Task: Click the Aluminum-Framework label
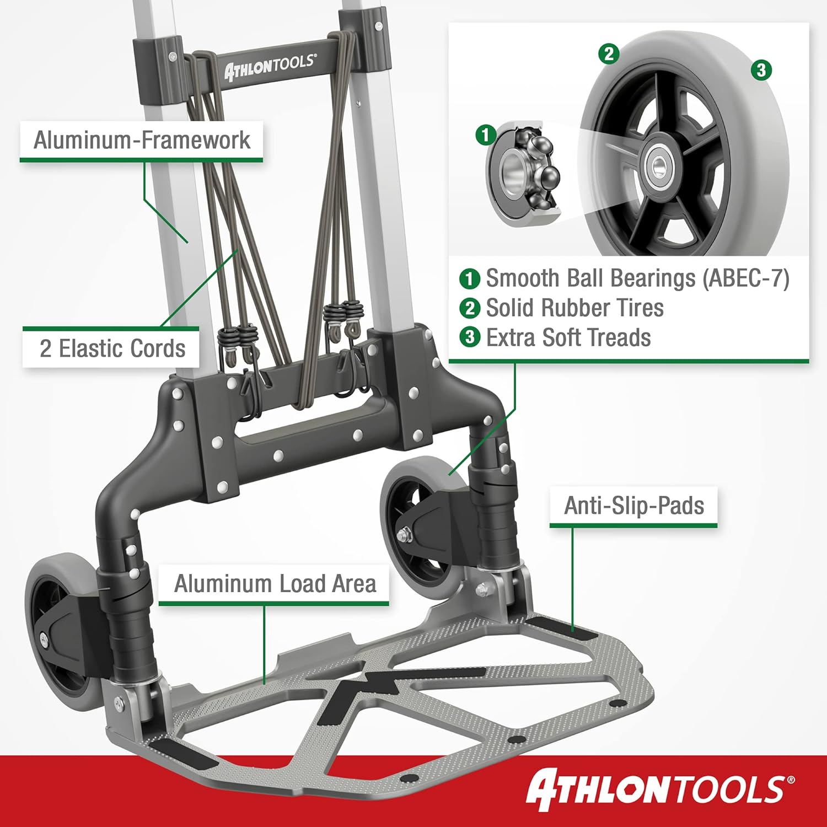pyautogui.click(x=142, y=140)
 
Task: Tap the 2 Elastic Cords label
pyautogui.click(x=112, y=348)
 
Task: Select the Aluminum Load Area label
pyautogui.click(x=275, y=583)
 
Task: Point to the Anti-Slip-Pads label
pyautogui.click(x=634, y=506)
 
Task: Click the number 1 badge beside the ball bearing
pyautogui.click(x=486, y=135)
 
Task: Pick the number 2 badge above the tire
pyautogui.click(x=609, y=53)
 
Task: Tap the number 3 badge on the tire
pyautogui.click(x=761, y=69)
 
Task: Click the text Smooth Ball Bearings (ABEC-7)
pyautogui.click(x=637, y=278)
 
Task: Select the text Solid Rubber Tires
pyautogui.click(x=574, y=308)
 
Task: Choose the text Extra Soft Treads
pyautogui.click(x=568, y=337)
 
